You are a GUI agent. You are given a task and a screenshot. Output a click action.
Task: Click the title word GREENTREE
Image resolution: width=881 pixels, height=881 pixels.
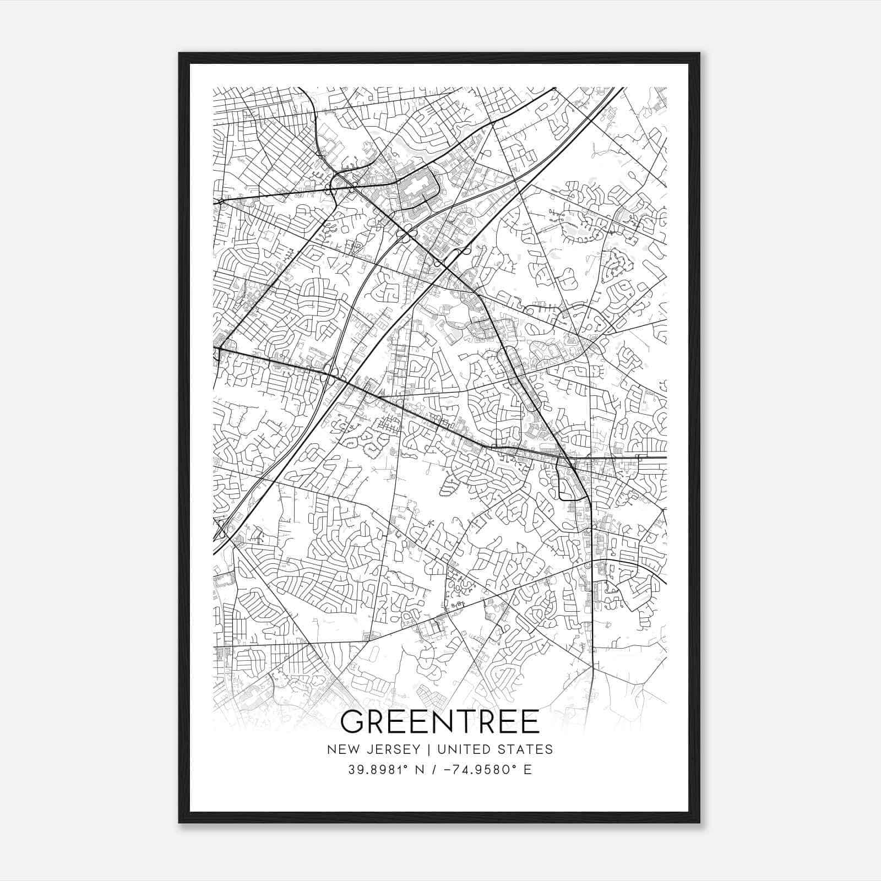click(x=440, y=722)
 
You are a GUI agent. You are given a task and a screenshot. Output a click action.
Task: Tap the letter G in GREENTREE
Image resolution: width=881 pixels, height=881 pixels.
click(x=353, y=722)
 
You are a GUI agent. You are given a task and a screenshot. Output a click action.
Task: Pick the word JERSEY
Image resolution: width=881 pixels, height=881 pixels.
click(x=389, y=749)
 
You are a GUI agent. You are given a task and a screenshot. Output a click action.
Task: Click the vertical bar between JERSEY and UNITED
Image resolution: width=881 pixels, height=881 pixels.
click(x=421, y=749)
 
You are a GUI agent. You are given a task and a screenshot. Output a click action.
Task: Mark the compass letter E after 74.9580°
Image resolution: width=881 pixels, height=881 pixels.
click(x=528, y=770)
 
